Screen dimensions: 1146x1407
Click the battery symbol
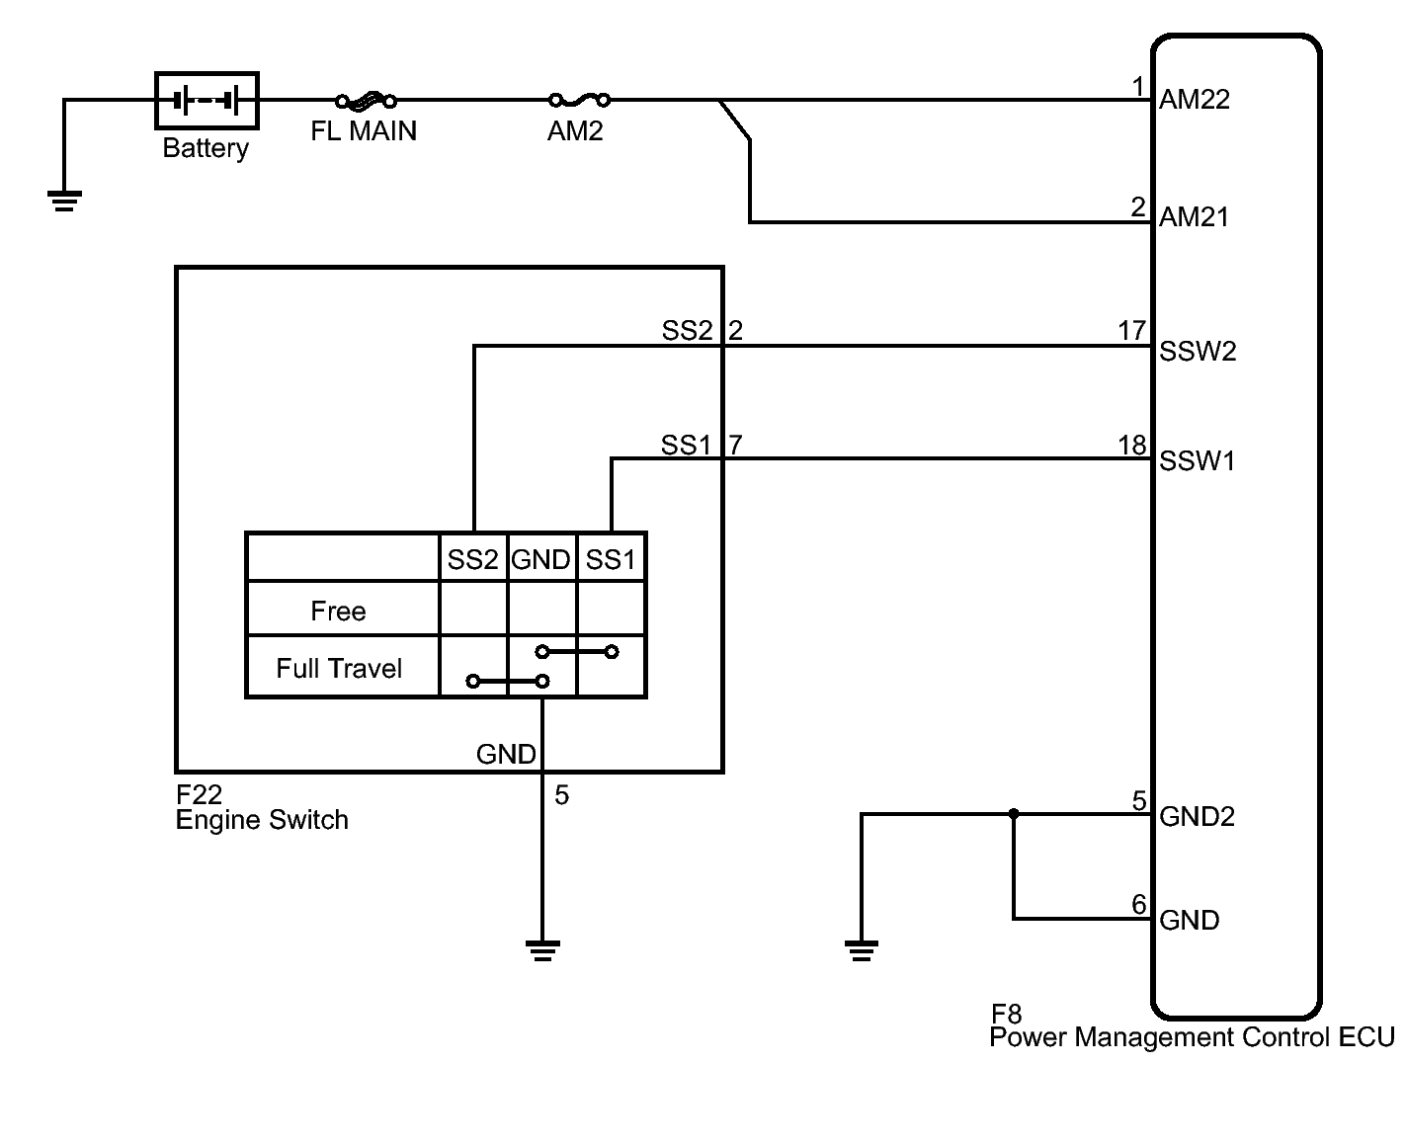[207, 101]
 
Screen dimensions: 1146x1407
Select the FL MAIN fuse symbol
[366, 100]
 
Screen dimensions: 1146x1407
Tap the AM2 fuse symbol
[579, 100]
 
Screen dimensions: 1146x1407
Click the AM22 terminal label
[1194, 99]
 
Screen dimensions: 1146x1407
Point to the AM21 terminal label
[1194, 217]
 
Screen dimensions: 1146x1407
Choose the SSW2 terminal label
[1198, 352]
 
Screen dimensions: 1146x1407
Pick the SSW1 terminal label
[1197, 461]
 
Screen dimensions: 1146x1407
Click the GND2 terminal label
[1197, 817]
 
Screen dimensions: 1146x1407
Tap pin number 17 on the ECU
[1132, 331]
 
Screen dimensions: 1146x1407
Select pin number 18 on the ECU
[1132, 446]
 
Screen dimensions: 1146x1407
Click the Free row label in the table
[338, 612]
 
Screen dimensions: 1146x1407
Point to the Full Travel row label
[339, 669]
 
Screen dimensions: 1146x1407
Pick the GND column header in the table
[540, 560]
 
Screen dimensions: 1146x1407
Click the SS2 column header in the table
[472, 560]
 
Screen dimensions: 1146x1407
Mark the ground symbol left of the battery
[64, 202]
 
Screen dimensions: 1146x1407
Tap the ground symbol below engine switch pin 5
[542, 951]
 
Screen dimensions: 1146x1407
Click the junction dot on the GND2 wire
[1013, 814]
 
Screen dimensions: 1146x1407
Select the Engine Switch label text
[262, 820]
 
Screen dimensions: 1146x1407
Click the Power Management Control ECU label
[1192, 1037]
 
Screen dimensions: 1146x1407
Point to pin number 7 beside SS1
[735, 446]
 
